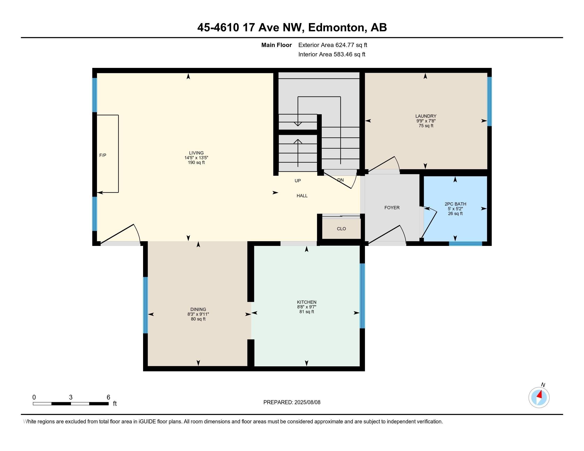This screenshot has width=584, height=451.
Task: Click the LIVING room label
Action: (196, 153)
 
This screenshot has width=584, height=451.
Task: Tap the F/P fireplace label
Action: (103, 155)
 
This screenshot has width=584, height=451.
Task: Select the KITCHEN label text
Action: (307, 302)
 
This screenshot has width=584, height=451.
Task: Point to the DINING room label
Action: (198, 309)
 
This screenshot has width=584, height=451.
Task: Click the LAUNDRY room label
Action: (426, 116)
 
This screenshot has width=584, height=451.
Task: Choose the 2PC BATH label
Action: (455, 204)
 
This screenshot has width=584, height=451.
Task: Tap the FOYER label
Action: (392, 208)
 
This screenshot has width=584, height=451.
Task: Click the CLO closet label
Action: (341, 229)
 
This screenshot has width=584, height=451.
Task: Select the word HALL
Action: (302, 196)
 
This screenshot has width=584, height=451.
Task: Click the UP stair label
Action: (298, 181)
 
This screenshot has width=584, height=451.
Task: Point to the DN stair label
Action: (340, 180)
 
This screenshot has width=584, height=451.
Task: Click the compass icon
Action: (539, 397)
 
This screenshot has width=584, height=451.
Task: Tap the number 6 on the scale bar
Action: (108, 397)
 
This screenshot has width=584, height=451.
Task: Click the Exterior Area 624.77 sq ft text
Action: (333, 45)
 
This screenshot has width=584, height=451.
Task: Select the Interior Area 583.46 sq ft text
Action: (332, 54)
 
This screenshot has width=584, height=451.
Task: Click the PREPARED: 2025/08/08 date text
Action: (292, 402)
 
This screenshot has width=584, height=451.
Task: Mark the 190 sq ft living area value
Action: (196, 162)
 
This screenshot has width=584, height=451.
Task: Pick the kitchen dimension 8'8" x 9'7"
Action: (307, 307)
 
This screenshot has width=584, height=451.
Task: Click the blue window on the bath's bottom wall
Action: (465, 243)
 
